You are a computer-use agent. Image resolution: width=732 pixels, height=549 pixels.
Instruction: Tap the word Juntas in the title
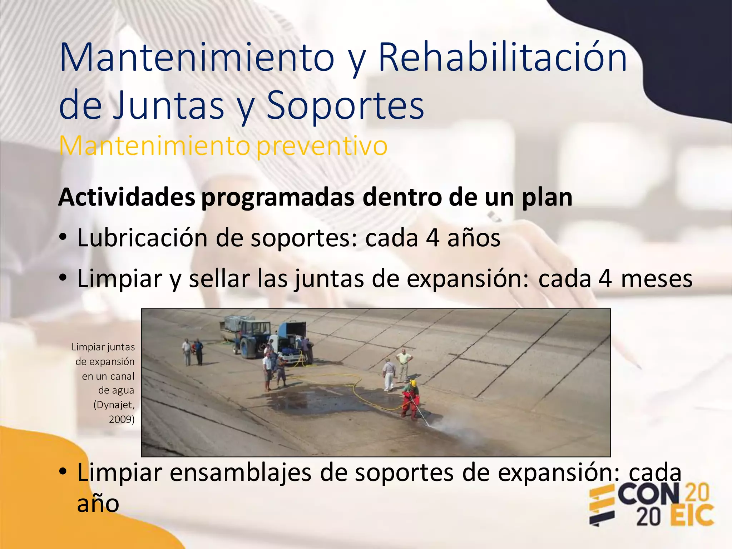click(x=168, y=106)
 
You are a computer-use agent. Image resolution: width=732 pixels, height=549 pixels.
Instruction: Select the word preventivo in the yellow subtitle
click(x=322, y=146)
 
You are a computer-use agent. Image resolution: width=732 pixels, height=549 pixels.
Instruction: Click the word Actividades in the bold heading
click(x=127, y=197)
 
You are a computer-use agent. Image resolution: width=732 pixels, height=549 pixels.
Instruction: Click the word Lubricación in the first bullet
click(x=142, y=238)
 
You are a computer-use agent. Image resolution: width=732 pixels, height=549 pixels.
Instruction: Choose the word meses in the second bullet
click(x=657, y=279)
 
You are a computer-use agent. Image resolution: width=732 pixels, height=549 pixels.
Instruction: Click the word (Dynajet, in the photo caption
click(x=114, y=405)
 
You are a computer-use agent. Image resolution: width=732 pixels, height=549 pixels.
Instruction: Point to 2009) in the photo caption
click(x=122, y=419)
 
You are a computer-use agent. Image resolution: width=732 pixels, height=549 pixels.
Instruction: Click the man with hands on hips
click(x=404, y=365)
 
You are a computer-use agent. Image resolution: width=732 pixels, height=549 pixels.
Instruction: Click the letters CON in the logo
click(x=648, y=494)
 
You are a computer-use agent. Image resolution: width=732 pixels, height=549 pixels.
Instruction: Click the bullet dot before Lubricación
click(x=63, y=237)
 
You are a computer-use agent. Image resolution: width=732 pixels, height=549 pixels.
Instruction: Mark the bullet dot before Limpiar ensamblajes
click(x=63, y=471)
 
